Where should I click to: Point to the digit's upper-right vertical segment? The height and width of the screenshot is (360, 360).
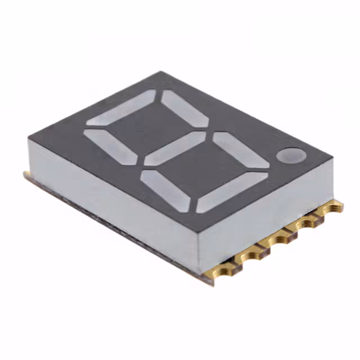click(185, 108)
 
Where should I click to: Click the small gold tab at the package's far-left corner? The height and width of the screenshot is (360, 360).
click(26, 175)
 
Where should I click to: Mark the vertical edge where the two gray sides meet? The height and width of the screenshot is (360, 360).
click(198, 247)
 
